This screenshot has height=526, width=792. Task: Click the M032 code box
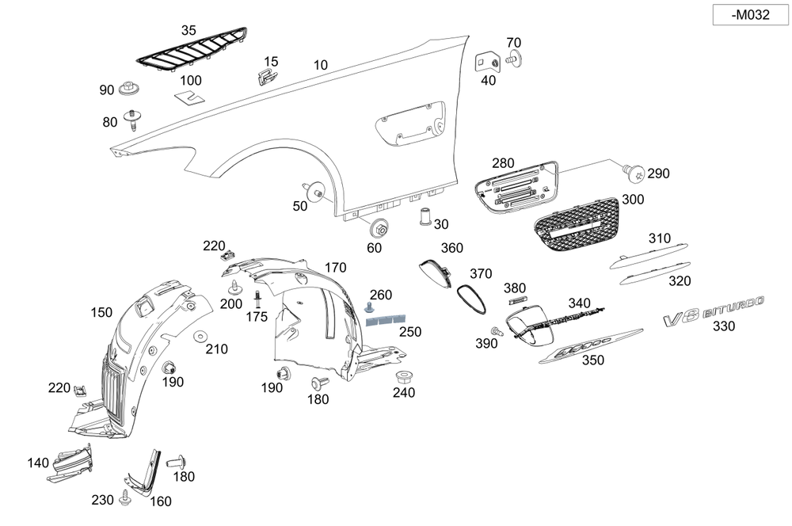pyautogui.click(x=749, y=14)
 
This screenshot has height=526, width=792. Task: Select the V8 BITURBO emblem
pyautogui.click(x=714, y=308)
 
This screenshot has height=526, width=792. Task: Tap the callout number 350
pyautogui.click(x=592, y=360)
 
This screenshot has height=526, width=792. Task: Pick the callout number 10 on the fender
pyautogui.click(x=320, y=65)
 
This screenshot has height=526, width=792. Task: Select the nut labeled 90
pyautogui.click(x=130, y=89)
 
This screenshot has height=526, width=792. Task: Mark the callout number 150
pyautogui.click(x=101, y=313)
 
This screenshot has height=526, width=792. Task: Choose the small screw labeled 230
pyautogui.click(x=125, y=500)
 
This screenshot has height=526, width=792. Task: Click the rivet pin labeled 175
pyautogui.click(x=257, y=301)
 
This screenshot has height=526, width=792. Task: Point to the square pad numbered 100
pyautogui.click(x=188, y=97)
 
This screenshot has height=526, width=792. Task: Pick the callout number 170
pyautogui.click(x=335, y=267)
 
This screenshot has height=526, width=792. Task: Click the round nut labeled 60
pyautogui.click(x=379, y=228)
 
